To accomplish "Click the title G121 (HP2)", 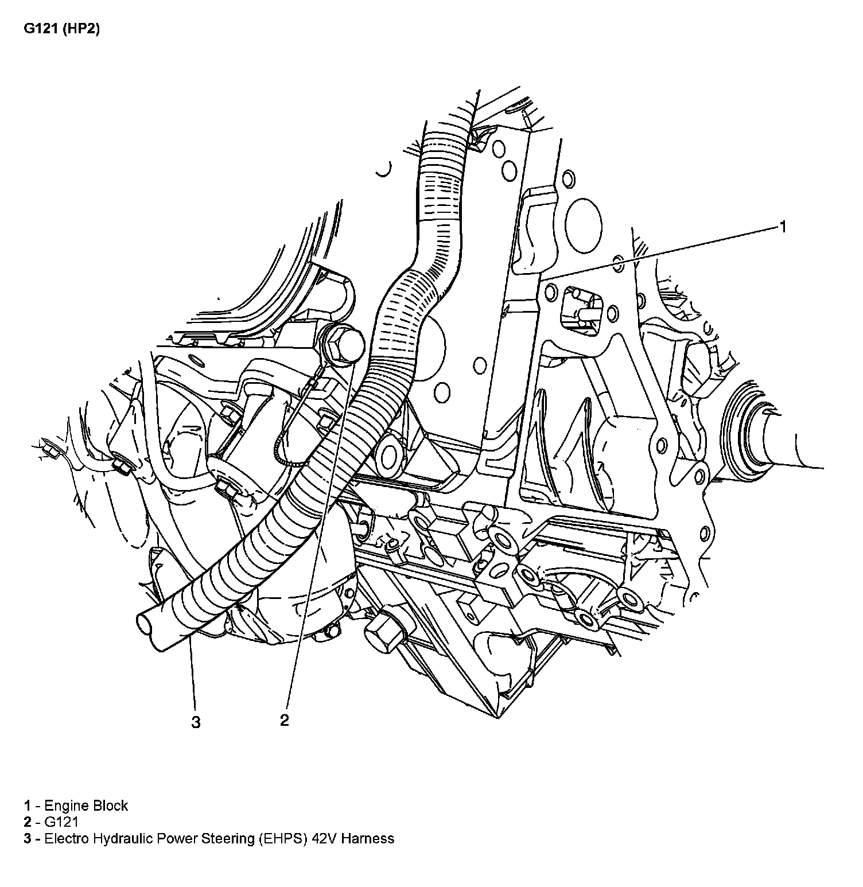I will click(62, 29).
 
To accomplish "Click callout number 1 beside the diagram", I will click(782, 227).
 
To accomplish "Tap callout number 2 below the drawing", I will click(285, 720).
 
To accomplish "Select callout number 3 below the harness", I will click(196, 722).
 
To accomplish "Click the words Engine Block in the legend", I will click(86, 806).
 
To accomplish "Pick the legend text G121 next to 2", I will click(61, 822).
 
